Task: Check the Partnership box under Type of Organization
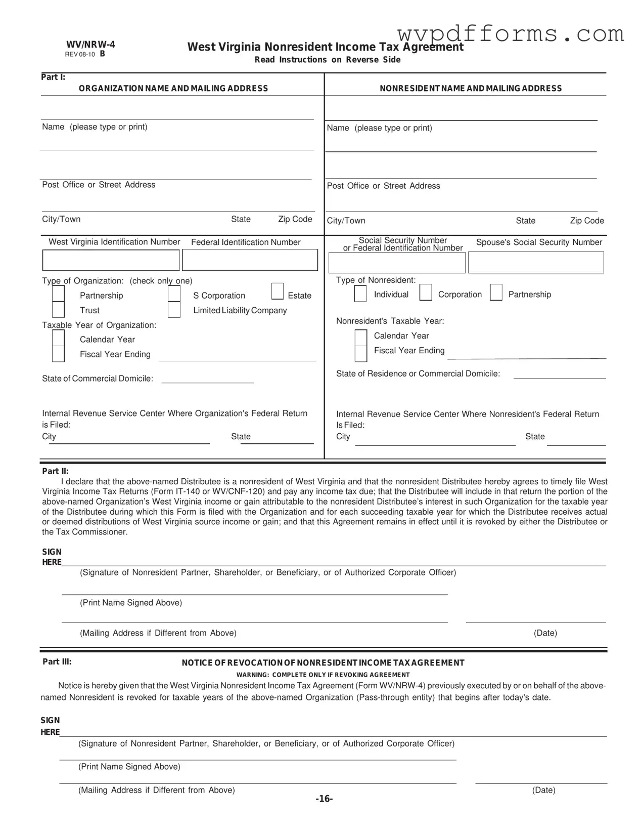[59, 294]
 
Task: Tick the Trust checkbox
[59, 309]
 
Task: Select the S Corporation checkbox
[174, 294]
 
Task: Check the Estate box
[278, 291]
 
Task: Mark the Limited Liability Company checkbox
[174, 309]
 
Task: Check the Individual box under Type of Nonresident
[360, 294]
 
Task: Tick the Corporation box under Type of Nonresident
[426, 293]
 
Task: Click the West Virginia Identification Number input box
[111, 261]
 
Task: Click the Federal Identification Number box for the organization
[250, 261]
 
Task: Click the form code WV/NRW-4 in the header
[90, 45]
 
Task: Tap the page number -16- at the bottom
[324, 799]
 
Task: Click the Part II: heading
[55, 471]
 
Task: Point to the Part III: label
[57, 661]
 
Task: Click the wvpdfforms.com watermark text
[511, 34]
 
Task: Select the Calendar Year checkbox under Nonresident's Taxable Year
[361, 338]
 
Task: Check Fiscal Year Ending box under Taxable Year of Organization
[59, 354]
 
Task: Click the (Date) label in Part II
[545, 633]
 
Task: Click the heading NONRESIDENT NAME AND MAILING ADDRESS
[471, 89]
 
